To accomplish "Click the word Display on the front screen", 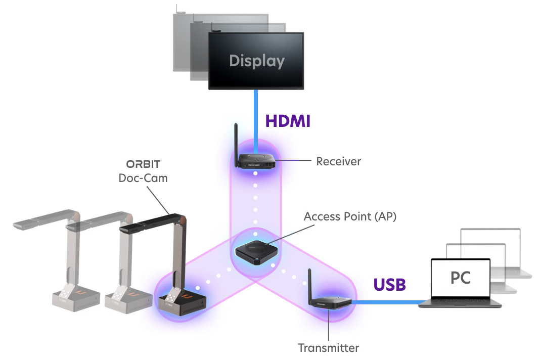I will click(x=256, y=61).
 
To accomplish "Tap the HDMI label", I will click(x=286, y=121).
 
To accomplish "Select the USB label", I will click(x=389, y=284).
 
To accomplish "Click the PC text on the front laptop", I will click(x=460, y=278).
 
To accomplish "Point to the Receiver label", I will click(x=339, y=162).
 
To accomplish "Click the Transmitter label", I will click(x=328, y=349).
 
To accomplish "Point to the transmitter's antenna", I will click(x=308, y=284).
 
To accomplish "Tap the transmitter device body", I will click(x=331, y=302).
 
